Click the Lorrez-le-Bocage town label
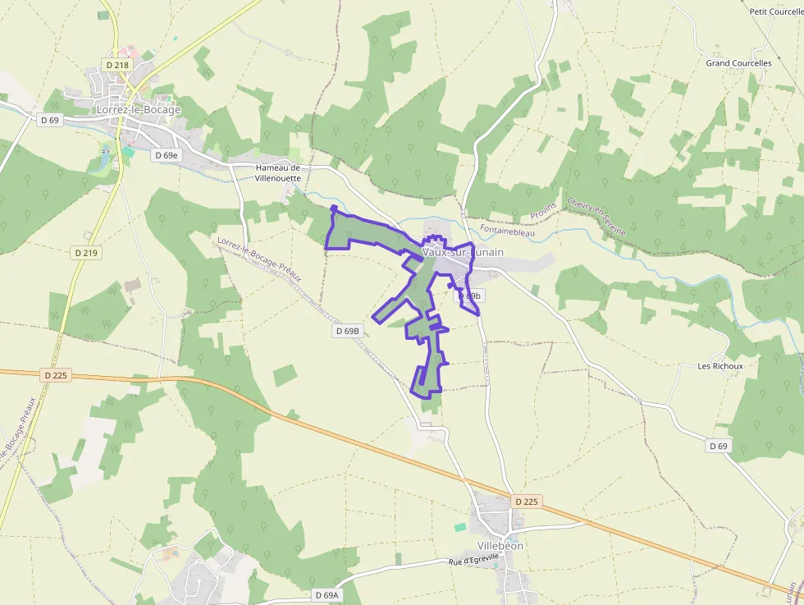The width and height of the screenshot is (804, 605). point(139,109)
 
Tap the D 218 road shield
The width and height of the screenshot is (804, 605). point(116,64)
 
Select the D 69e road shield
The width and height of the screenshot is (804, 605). point(165,154)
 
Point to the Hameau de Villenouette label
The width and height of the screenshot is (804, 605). point(278,172)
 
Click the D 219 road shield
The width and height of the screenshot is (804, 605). point(86,253)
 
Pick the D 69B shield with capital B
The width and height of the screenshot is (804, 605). point(348,331)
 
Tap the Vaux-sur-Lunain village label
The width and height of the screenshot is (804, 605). point(463,252)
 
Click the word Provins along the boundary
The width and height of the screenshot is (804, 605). point(543,211)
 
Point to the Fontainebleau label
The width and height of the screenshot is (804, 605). point(507,232)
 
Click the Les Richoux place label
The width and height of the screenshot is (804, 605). point(720,366)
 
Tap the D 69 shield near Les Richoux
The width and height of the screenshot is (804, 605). point(718,445)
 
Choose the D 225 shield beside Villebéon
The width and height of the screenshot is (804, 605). point(527,501)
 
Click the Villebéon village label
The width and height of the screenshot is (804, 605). point(500,545)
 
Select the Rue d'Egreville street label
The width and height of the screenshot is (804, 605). point(473,560)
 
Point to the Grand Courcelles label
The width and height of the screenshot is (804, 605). point(738,63)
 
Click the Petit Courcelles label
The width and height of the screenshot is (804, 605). point(775,11)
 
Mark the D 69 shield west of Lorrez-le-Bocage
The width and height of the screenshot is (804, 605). point(50,120)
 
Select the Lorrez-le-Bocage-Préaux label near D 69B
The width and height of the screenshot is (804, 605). point(259,259)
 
